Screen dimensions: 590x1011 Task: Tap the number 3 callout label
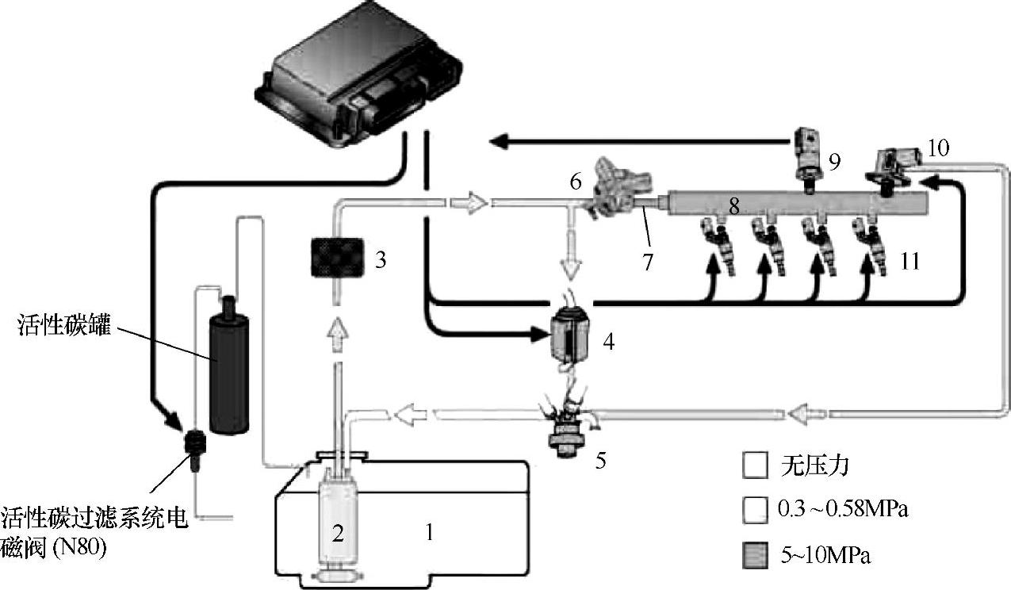point(381,259)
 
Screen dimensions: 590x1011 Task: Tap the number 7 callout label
point(648,262)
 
